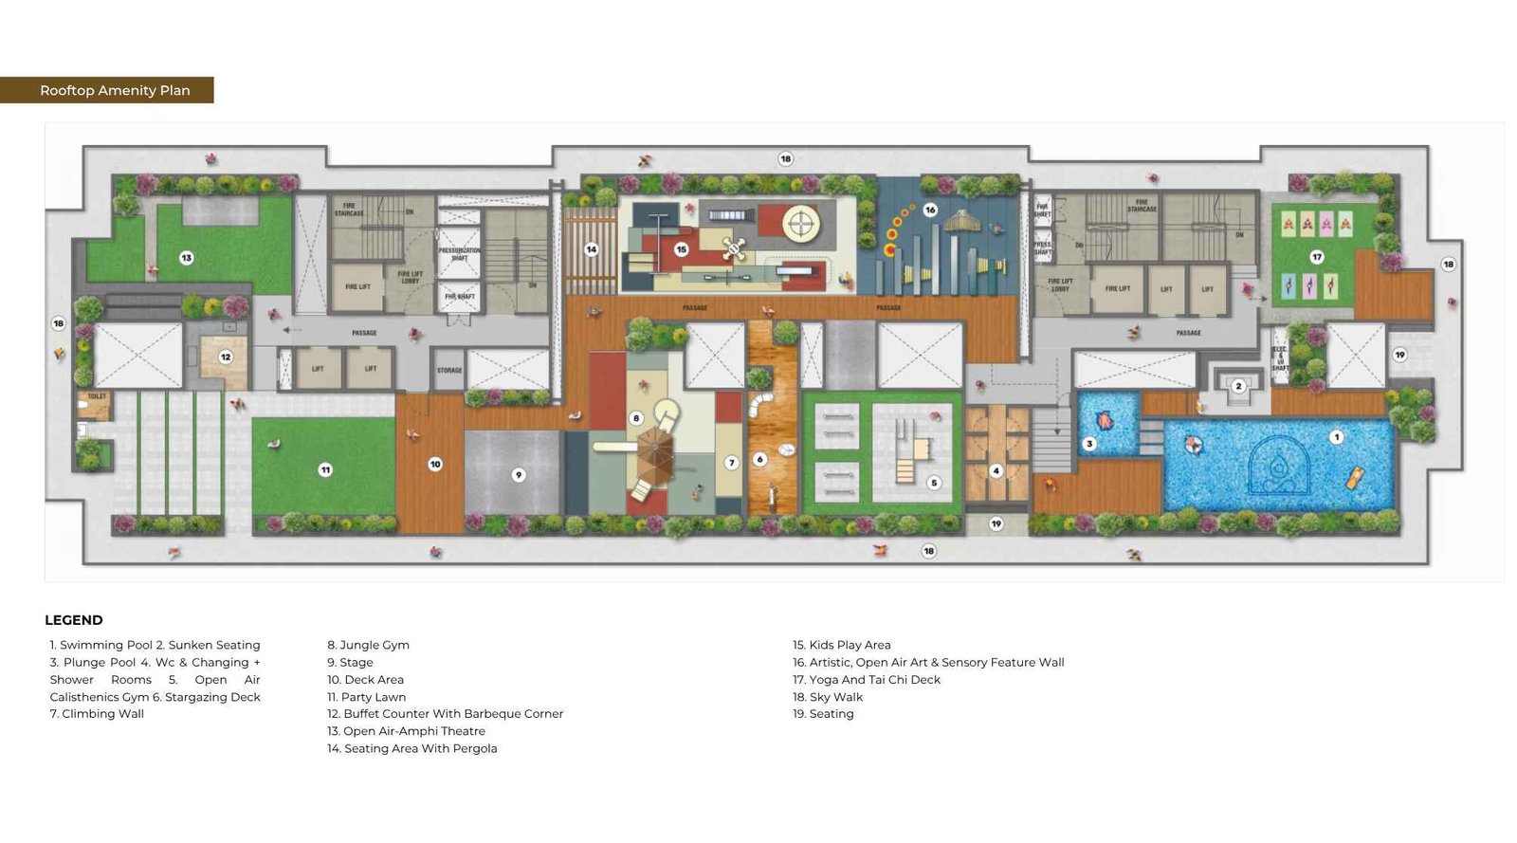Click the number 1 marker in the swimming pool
coord(1336,437)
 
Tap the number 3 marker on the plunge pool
coord(1089,444)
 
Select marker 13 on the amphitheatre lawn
coord(187,258)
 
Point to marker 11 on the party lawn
coord(325,469)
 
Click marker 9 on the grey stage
coord(519,475)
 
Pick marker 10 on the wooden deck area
coord(435,465)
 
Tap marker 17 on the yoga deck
coord(1316,257)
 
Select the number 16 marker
coord(930,210)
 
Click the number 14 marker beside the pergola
coord(591,249)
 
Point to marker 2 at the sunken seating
coord(1238,386)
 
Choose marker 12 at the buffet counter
coord(226,357)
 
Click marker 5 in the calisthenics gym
coord(934,483)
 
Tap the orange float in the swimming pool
coord(1354,477)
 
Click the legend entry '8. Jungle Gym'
coord(369,645)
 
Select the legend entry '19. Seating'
coord(823,714)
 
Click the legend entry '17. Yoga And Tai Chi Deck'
coord(867,680)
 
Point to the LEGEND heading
coord(74,620)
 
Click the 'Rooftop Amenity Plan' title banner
coord(115,90)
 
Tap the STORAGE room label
coord(449,370)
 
